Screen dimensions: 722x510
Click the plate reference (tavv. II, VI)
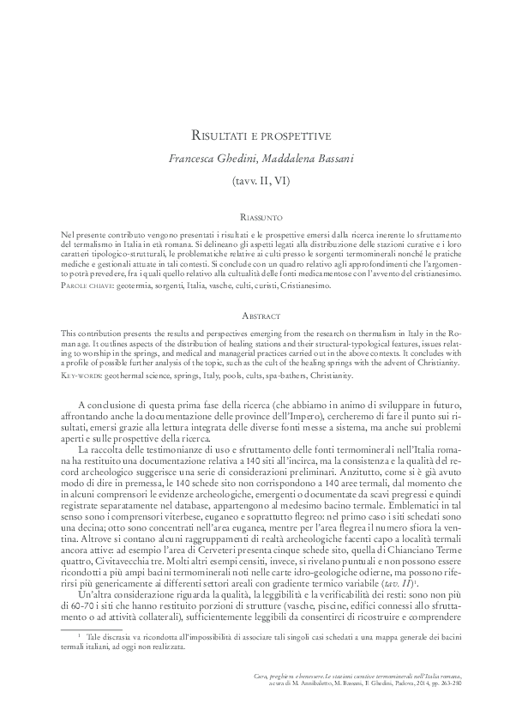255,180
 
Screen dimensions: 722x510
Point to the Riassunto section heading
255,220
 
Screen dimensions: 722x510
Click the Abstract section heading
255,316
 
